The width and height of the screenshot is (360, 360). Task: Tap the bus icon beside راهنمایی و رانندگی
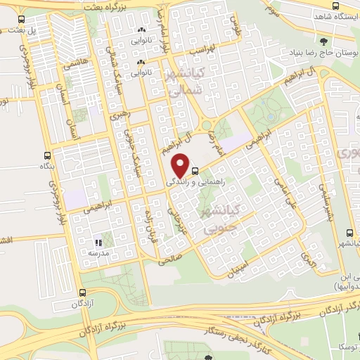tap(195, 170)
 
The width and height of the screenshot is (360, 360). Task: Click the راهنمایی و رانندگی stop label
tap(192, 181)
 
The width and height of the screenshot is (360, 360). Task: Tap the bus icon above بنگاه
tap(47, 155)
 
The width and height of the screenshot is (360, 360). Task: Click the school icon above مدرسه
tap(99, 243)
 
